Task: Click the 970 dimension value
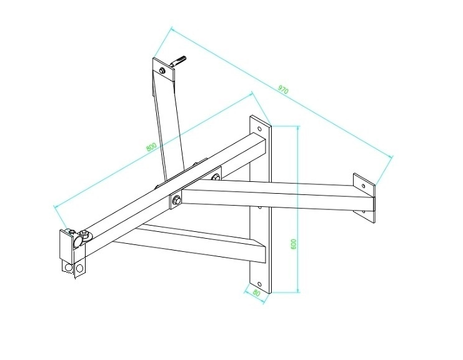283,89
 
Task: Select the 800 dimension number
151,147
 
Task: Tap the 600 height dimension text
294,244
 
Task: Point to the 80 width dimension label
257,294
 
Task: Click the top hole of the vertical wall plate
259,129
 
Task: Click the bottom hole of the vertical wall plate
259,284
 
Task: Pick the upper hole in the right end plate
363,186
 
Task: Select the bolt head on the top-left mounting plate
162,71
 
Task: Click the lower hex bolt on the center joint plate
176,201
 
